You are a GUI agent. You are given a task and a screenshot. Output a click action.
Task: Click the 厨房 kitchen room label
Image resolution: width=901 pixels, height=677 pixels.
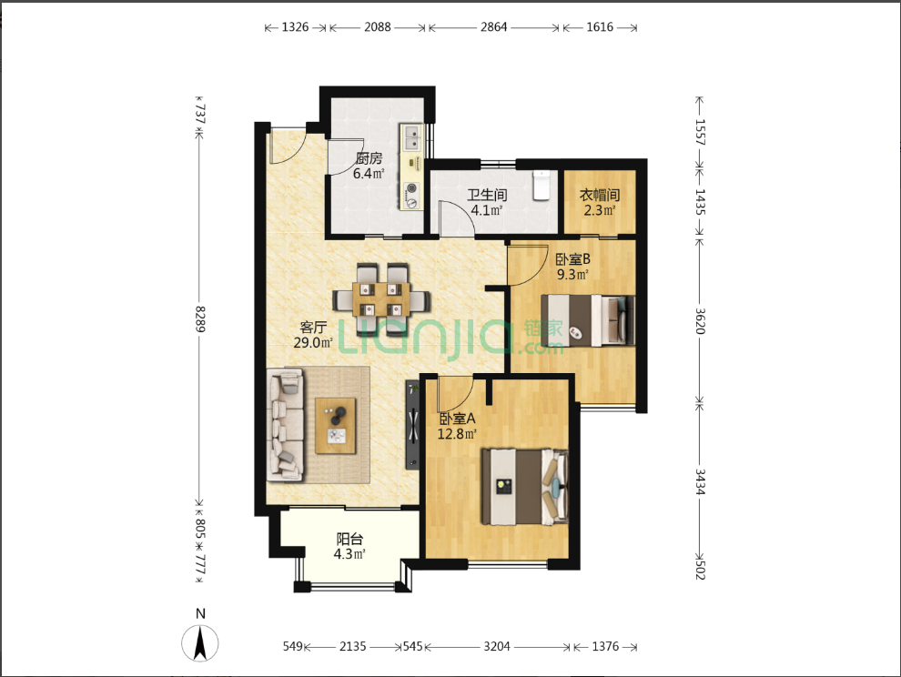tap(369, 158)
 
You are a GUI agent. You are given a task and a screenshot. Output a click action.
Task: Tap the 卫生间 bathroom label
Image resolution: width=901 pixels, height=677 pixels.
tap(487, 195)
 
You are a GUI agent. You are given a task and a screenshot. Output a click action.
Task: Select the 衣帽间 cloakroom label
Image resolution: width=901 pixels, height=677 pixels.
tap(600, 195)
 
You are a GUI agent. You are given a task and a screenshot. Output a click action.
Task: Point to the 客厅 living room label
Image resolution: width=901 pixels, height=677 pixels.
tap(313, 327)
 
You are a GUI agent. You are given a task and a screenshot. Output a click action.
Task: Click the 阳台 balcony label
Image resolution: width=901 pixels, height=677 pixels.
tap(349, 539)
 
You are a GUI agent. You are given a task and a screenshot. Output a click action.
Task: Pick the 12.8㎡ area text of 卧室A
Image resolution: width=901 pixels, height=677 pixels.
tap(457, 434)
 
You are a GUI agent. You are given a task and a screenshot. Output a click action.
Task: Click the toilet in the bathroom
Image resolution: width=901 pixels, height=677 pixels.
tap(542, 185)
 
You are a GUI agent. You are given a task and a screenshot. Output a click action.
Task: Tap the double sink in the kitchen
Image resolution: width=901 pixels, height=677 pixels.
tap(412, 138)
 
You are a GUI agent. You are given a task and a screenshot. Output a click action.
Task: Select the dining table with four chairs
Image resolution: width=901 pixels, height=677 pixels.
tap(381, 299)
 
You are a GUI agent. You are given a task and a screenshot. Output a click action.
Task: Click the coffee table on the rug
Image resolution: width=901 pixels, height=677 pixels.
tap(336, 426)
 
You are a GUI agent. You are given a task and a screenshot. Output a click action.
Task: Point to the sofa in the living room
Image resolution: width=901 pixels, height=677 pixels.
tap(286, 425)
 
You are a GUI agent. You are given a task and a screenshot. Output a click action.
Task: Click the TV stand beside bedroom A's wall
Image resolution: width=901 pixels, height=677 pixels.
tap(413, 425)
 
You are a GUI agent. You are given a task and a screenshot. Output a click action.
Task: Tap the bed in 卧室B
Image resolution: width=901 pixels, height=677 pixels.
tap(588, 320)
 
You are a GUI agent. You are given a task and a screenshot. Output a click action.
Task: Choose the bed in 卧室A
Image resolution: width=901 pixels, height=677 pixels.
tap(524, 487)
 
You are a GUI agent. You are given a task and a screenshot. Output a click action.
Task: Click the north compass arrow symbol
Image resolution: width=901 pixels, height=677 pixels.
tap(200, 643)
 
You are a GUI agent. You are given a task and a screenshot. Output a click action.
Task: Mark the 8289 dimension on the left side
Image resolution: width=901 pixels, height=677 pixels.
tap(200, 319)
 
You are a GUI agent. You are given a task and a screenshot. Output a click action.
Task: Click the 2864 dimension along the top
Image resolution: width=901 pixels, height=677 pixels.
tap(493, 27)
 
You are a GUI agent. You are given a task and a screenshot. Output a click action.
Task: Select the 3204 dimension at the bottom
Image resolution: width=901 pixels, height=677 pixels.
tap(497, 647)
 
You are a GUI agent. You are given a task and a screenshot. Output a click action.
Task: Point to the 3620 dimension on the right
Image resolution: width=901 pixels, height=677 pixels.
tap(699, 320)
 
